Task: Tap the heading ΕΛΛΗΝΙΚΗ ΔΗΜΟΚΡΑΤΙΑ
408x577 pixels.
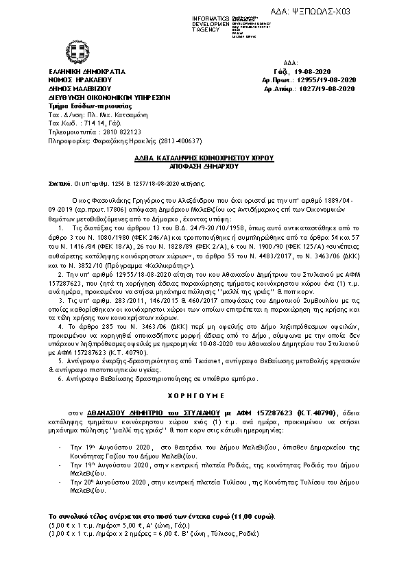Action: [87, 71]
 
